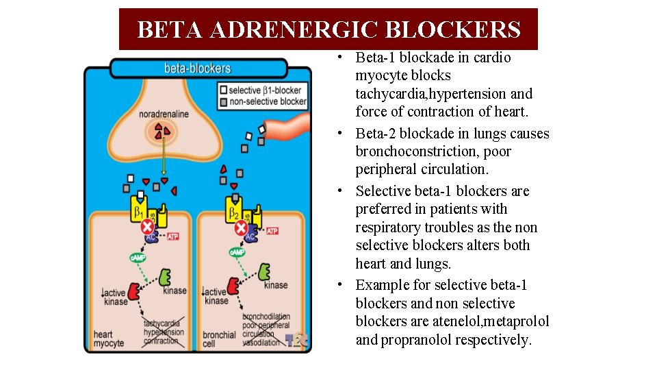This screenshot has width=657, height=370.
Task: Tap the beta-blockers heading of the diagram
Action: tap(198, 69)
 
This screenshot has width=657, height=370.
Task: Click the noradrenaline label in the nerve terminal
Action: tap(164, 114)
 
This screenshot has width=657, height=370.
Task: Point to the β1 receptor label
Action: tap(140, 210)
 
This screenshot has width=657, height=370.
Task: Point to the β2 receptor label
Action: tap(233, 210)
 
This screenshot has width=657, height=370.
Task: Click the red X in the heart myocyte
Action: tap(147, 226)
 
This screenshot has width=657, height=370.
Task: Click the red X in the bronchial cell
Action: tap(241, 227)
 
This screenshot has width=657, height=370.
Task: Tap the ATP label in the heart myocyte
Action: tap(173, 236)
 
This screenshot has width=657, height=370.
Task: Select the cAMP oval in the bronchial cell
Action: tap(237, 253)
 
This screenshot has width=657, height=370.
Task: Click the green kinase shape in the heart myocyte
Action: tap(165, 277)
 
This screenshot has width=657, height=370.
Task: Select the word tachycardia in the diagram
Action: tap(162, 323)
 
